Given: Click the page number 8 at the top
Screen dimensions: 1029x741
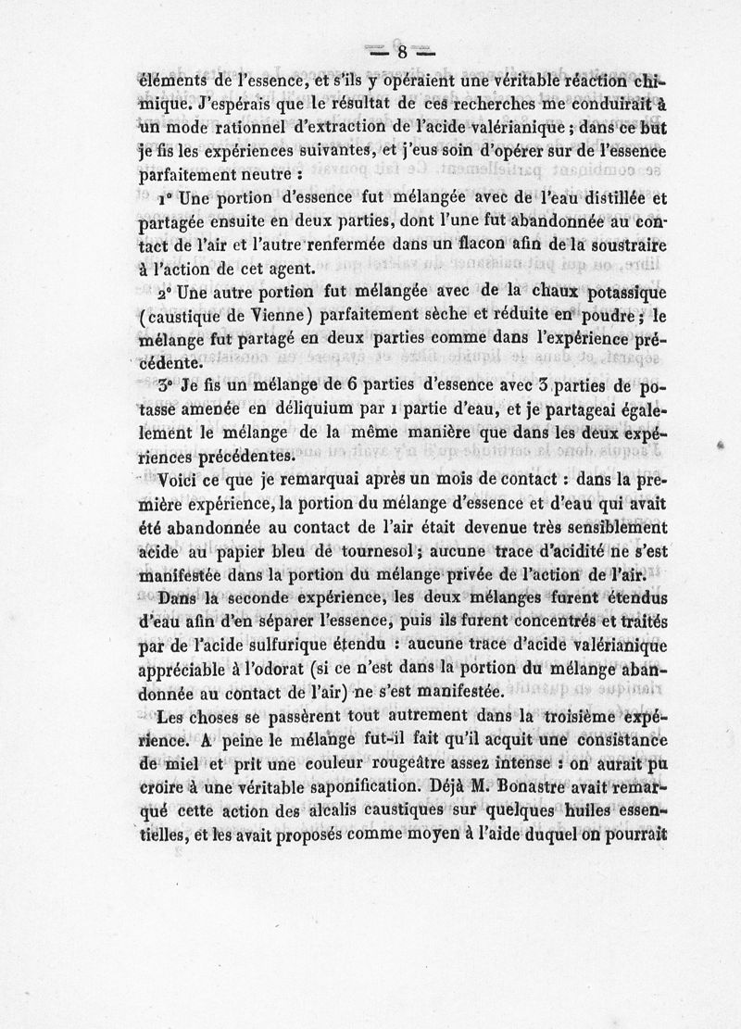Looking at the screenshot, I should [402, 53].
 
